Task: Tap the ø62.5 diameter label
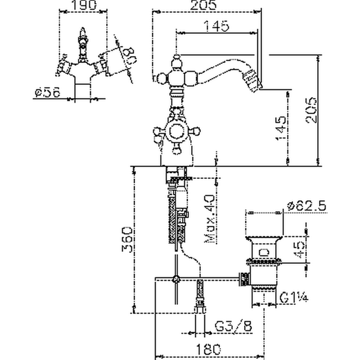308,206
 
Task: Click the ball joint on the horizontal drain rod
176,280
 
